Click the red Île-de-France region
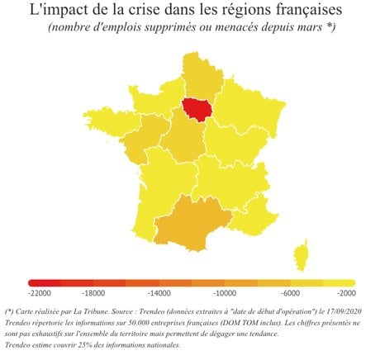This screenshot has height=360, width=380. (x=197, y=109)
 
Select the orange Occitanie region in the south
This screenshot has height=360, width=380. (x=192, y=224)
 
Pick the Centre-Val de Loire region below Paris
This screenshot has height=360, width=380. (x=184, y=137)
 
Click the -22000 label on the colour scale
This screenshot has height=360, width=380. (x=40, y=293)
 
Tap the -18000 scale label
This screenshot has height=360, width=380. (x=93, y=293)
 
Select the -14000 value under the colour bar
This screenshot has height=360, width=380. (x=159, y=293)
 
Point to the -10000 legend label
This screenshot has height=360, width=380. (x=225, y=293)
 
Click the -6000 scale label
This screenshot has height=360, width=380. (x=290, y=293)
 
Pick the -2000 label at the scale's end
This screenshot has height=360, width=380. (x=346, y=293)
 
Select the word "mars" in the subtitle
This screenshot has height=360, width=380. (x=311, y=27)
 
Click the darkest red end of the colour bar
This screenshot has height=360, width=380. (x=32, y=282)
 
